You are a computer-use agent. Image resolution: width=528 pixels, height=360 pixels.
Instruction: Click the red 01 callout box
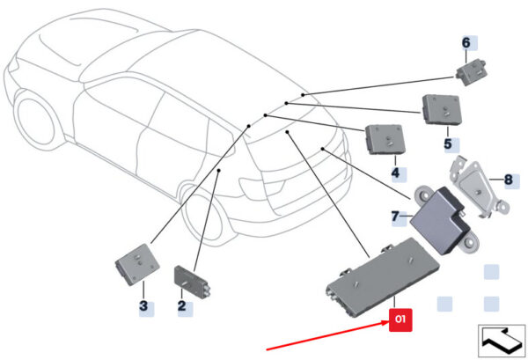(400, 320)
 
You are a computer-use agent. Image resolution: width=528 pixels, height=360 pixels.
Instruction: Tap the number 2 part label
(182, 305)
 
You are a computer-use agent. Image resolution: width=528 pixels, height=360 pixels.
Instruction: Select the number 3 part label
(143, 305)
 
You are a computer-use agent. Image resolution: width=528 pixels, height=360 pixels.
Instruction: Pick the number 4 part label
(395, 173)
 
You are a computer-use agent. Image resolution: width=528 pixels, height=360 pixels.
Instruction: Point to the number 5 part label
(448, 143)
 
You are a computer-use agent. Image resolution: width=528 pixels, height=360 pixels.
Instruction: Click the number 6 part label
(466, 43)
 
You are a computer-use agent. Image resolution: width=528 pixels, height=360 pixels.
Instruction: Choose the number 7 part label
(395, 216)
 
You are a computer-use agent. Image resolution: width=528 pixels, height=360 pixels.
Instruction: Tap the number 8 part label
(508, 180)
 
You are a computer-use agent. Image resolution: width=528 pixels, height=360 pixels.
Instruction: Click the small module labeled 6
(471, 71)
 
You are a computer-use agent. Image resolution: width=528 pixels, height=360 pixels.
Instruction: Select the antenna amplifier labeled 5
(442, 109)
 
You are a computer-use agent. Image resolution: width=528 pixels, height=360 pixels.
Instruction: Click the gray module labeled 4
(385, 139)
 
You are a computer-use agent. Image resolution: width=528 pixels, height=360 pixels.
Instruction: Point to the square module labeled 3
(136, 264)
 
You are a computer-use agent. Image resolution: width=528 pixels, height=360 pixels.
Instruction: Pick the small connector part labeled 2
(191, 281)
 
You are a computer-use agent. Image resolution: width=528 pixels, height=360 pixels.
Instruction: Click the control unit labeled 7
(444, 219)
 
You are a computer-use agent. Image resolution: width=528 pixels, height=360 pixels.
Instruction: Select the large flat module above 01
(382, 276)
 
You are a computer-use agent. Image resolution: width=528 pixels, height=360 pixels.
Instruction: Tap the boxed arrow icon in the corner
(502, 341)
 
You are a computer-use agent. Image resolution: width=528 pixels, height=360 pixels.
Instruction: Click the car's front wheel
(34, 121)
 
